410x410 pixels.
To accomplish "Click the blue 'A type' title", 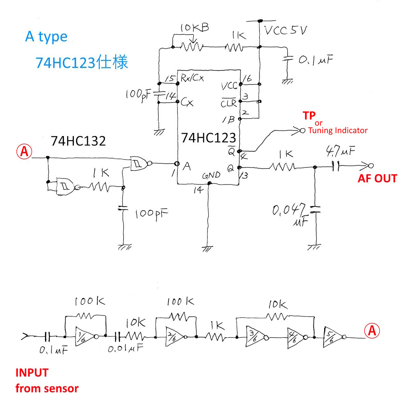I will pyautogui.click(x=46, y=37).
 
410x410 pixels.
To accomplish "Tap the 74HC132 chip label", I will pyautogui.click(x=78, y=141).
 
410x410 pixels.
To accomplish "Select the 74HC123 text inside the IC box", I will pyautogui.click(x=208, y=138).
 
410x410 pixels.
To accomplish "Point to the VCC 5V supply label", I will pyautogui.click(x=286, y=31).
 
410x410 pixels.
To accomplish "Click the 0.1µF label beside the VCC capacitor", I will pyautogui.click(x=315, y=60).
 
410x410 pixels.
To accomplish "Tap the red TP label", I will pyautogui.click(x=309, y=116).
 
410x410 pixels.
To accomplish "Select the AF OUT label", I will pyautogui.click(x=377, y=178).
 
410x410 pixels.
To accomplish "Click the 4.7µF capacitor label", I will pyautogui.click(x=340, y=150).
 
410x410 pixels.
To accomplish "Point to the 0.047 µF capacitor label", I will pyautogui.click(x=289, y=213).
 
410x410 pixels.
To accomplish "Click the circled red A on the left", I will pyautogui.click(x=24, y=151).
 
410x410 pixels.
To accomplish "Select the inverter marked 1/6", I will pyautogui.click(x=84, y=337).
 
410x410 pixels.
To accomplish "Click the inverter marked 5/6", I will pyautogui.click(x=332, y=337).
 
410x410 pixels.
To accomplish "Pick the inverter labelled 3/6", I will pyautogui.click(x=254, y=338).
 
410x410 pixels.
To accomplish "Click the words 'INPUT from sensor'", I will pyautogui.click(x=47, y=380).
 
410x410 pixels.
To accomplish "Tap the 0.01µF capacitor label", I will pyautogui.click(x=125, y=349).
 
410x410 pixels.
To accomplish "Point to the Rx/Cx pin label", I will pyautogui.click(x=192, y=78).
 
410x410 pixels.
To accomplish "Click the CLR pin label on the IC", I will pyautogui.click(x=228, y=102).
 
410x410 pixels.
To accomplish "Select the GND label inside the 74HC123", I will pyautogui.click(x=211, y=176).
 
